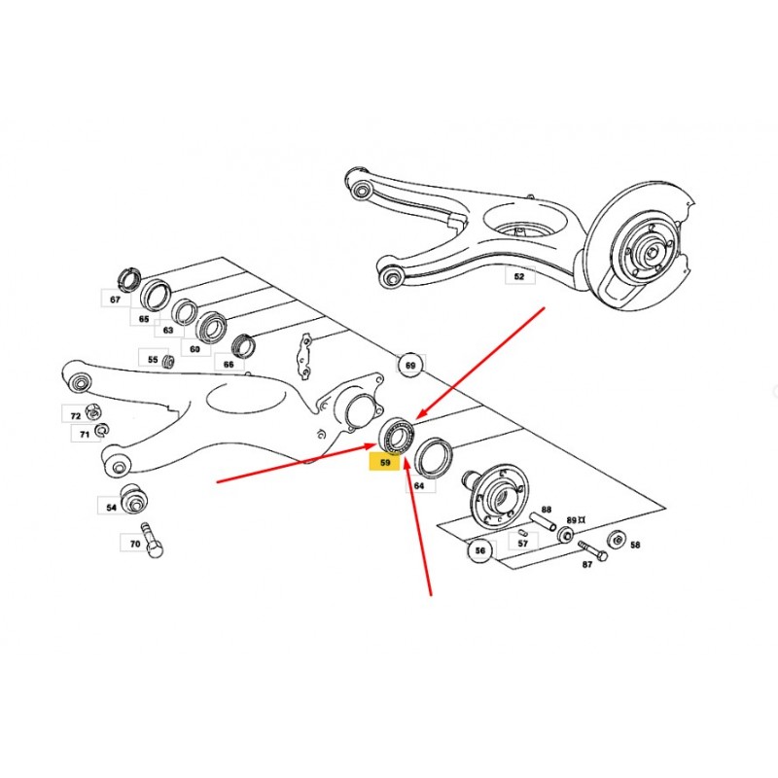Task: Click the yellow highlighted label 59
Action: click(x=384, y=463)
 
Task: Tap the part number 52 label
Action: click(x=519, y=276)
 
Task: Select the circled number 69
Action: click(x=410, y=366)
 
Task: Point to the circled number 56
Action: click(x=480, y=550)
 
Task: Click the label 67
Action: click(x=115, y=300)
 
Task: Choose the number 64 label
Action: click(x=419, y=485)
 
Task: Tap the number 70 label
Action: click(x=135, y=544)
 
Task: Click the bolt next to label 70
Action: click(x=153, y=541)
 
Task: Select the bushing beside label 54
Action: click(x=134, y=498)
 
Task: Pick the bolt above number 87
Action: click(x=592, y=551)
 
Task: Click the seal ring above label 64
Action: click(x=433, y=457)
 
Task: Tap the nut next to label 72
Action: click(x=93, y=411)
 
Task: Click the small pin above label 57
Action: click(x=523, y=533)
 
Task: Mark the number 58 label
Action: click(x=635, y=545)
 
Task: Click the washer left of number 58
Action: click(x=616, y=540)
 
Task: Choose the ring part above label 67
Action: click(x=129, y=280)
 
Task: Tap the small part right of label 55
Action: click(x=168, y=361)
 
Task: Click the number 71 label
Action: click(x=85, y=434)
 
